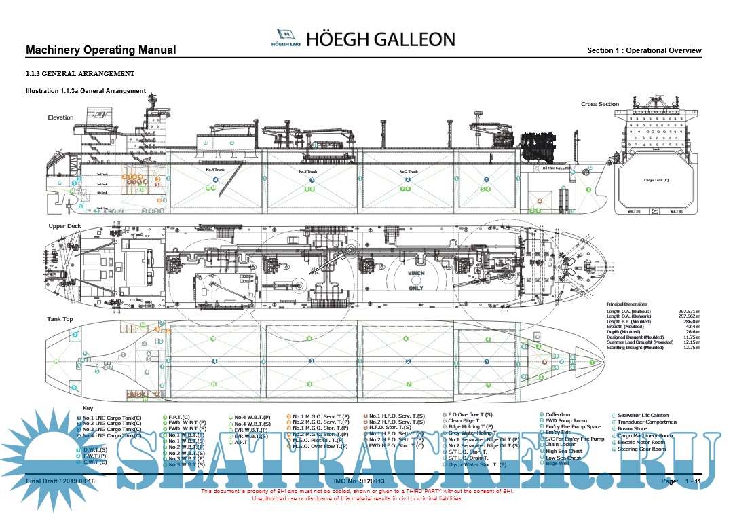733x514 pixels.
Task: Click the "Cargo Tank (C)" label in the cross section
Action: click(656, 181)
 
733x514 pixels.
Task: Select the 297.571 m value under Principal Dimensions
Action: click(689, 311)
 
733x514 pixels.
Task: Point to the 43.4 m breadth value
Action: click(693, 327)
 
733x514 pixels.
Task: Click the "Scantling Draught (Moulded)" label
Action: click(635, 348)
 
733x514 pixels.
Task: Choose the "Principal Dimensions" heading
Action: click(627, 304)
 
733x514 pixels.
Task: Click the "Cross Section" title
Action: click(600, 104)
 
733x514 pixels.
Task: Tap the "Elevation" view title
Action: click(60, 117)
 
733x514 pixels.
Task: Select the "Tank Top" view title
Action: click(60, 318)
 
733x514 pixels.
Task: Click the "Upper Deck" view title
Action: click(64, 225)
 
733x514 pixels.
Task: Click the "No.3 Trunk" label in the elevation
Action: click(307, 172)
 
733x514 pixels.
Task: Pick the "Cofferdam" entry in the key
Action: click(558, 414)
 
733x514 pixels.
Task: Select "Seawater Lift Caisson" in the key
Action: click(643, 415)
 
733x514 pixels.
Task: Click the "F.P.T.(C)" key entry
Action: click(179, 415)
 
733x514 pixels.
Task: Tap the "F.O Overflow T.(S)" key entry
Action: click(470, 414)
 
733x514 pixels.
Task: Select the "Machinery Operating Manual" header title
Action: click(100, 50)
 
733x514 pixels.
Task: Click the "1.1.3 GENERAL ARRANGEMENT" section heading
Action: click(79, 73)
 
